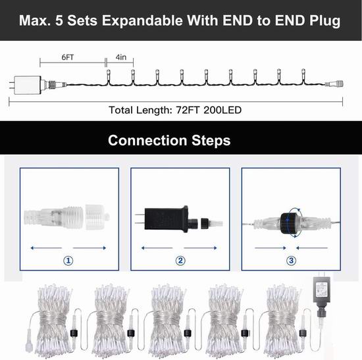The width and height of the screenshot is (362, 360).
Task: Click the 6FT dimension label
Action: tap(68, 57)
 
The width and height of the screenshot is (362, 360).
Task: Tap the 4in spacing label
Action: tap(121, 57)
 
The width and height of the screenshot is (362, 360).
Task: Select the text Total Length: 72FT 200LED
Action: tap(175, 110)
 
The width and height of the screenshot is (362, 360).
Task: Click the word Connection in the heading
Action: tap(147, 140)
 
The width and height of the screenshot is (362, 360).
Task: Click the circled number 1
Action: tap(68, 261)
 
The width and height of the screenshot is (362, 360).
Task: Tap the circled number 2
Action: tap(180, 261)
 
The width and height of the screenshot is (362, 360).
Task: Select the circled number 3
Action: tap(291, 261)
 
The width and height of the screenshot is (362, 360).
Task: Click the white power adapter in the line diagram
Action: tap(28, 85)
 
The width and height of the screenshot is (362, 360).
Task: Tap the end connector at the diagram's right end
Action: tap(334, 84)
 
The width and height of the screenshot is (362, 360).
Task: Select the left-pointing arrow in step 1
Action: tap(46, 248)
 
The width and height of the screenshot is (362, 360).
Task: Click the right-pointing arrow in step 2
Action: tap(200, 248)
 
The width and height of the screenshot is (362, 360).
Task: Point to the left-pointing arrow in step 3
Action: tap(312, 248)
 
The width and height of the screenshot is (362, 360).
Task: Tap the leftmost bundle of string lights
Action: tap(53, 321)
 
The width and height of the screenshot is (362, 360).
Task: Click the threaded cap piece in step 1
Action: tap(97, 217)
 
